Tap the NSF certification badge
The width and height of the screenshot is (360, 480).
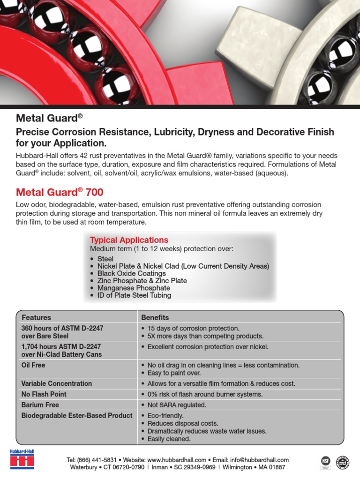[x=325, y=461]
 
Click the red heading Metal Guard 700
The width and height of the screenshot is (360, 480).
[x=60, y=192]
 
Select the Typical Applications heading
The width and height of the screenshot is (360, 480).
[x=129, y=240]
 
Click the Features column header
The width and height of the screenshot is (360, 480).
[x=36, y=317]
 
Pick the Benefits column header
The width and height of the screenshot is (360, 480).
[x=155, y=317]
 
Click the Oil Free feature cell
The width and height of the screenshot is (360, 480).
[x=33, y=365]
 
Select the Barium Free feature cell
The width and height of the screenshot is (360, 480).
[x=40, y=405]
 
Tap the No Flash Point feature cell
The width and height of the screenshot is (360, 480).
[x=44, y=394]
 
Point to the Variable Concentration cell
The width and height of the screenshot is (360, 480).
[x=56, y=383]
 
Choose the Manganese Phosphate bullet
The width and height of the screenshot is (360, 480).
[x=134, y=288]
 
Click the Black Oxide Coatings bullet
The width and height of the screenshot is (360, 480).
[x=131, y=273]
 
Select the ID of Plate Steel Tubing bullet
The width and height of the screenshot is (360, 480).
[x=134, y=295]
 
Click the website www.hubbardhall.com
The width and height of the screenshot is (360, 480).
[x=177, y=460]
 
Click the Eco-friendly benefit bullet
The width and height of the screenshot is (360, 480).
[x=165, y=416]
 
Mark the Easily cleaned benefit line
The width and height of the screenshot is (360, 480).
[x=169, y=439]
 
